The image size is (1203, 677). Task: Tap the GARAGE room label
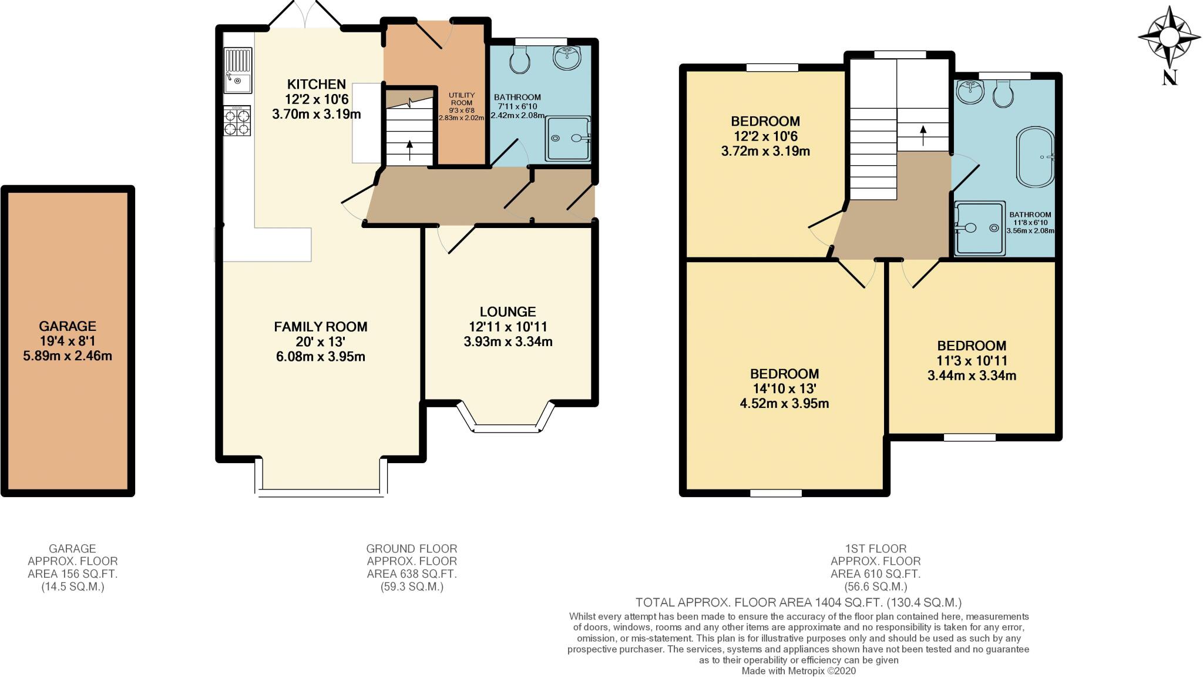(68, 326)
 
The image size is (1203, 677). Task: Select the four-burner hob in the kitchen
(237, 122)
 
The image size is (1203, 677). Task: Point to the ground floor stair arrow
(409, 149)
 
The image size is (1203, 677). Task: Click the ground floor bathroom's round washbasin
(567, 56)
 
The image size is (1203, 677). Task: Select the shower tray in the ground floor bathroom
(567, 139)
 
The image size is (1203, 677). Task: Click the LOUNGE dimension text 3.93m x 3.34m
(508, 341)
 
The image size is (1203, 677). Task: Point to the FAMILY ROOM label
(321, 327)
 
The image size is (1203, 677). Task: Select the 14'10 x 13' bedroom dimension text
(784, 388)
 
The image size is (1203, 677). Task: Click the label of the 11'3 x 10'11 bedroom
(972, 346)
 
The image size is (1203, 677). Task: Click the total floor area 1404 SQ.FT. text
(798, 602)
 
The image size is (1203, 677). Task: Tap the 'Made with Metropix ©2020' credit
(798, 671)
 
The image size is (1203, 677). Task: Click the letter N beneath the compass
(1170, 78)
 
